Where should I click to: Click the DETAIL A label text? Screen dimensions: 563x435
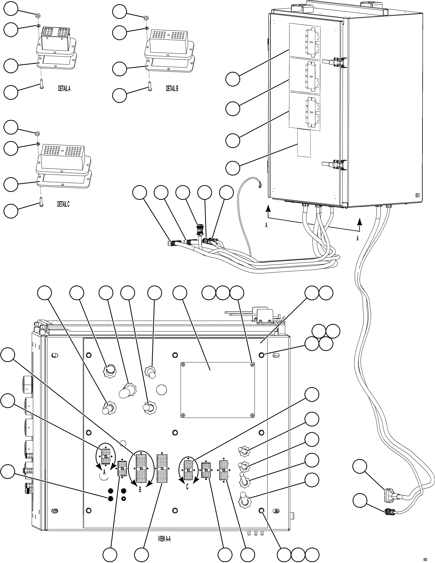coord(64,89)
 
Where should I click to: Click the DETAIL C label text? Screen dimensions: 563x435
coord(63,204)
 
